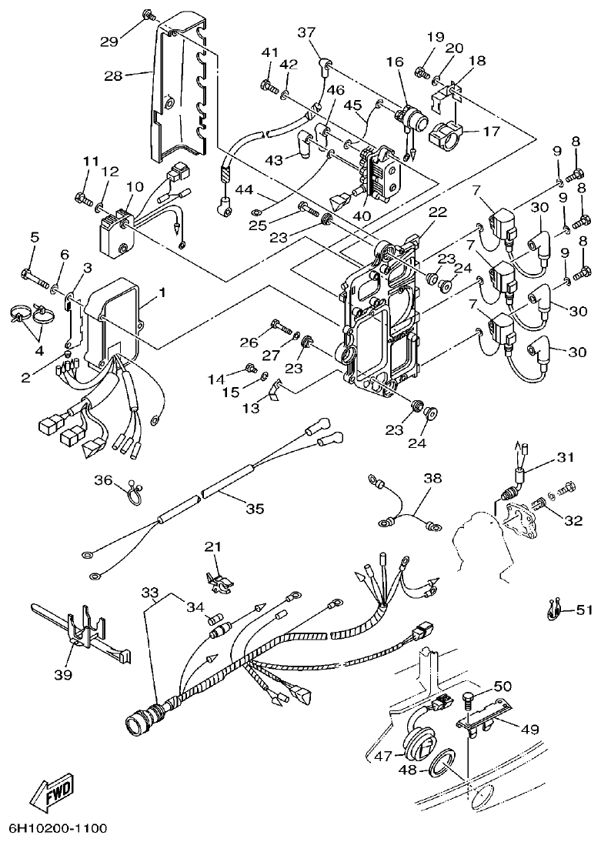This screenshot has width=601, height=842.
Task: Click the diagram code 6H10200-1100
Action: coord(58,829)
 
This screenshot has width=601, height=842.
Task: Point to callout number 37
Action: coord(306,32)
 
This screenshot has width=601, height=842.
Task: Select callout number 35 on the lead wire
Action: coord(255,508)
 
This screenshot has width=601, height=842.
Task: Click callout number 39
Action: coord(62,674)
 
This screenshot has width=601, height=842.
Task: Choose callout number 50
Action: coord(503,686)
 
